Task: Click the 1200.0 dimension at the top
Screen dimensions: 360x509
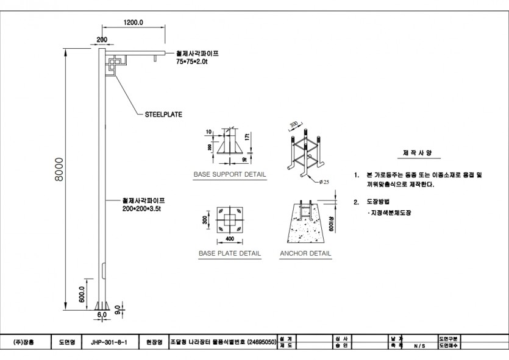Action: tap(133, 22)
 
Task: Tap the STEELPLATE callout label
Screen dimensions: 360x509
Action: tap(163, 114)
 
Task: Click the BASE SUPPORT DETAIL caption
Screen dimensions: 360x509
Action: tap(230, 174)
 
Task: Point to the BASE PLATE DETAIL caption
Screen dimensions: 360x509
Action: tap(230, 253)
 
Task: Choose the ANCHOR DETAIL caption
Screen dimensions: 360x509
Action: tap(305, 253)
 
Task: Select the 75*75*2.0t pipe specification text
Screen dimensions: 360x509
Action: tap(192, 62)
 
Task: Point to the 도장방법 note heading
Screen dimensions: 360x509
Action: tap(379, 201)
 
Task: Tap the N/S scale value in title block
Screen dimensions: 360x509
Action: tap(419, 345)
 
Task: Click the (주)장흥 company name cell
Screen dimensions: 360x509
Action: tap(24, 342)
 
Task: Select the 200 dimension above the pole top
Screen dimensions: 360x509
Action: tap(102, 40)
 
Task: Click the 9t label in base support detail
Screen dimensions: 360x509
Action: tap(244, 159)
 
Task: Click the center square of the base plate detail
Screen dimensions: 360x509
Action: tap(229, 221)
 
